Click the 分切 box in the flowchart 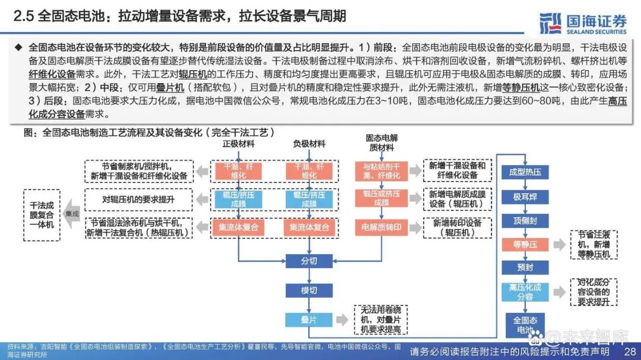309,261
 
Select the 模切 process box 309,290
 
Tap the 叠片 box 309,319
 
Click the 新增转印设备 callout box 457,228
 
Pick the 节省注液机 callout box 594,244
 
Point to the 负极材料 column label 309,144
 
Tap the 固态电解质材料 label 382,142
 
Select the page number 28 630,351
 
